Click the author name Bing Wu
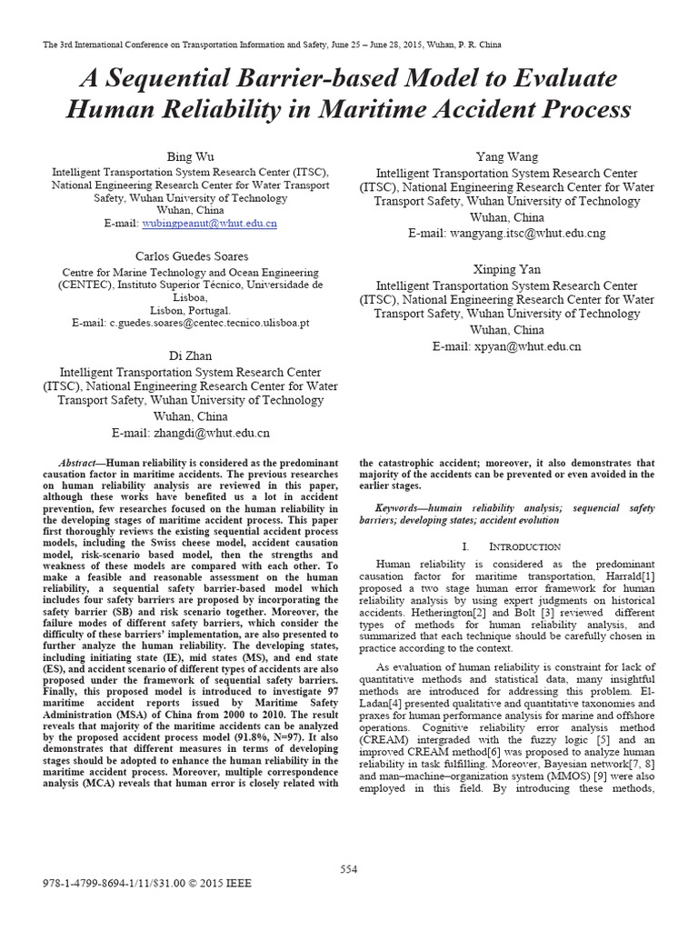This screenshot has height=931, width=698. pyautogui.click(x=191, y=156)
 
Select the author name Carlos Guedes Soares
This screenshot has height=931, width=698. pyautogui.click(x=191, y=256)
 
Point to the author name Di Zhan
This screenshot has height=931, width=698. pyautogui.click(x=191, y=356)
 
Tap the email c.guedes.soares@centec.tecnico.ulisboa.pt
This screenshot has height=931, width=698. pyautogui.click(x=210, y=322)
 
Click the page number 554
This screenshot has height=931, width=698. pyautogui.click(x=349, y=869)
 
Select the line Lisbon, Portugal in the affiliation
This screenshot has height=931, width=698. pyautogui.click(x=191, y=309)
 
